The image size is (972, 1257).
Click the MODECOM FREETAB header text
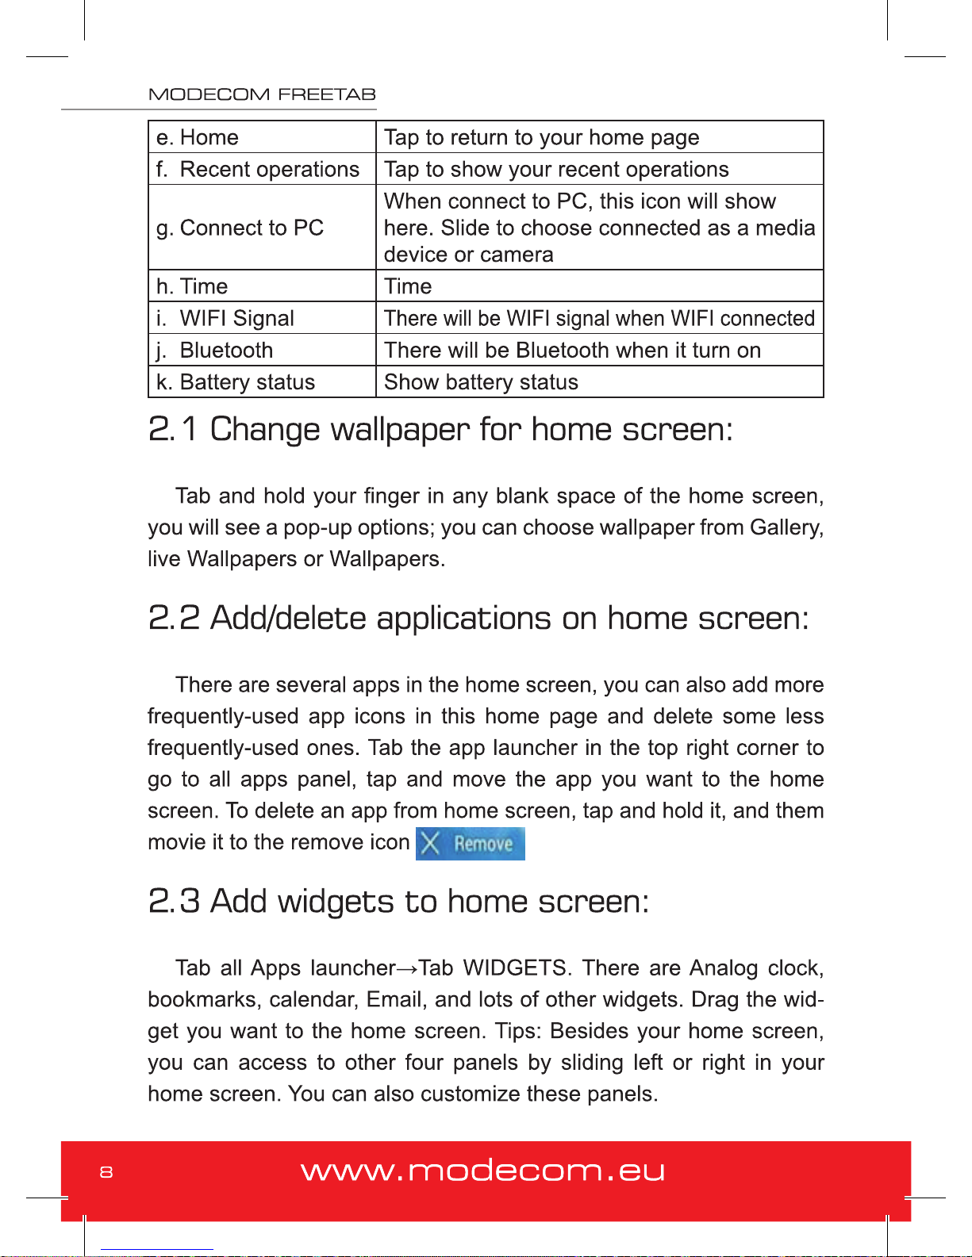click(262, 94)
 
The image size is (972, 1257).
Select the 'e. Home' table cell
click(198, 137)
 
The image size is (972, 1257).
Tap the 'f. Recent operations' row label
click(258, 169)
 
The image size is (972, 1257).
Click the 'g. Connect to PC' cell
click(240, 228)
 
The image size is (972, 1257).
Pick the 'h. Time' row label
click(192, 286)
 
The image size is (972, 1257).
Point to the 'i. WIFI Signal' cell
click(225, 318)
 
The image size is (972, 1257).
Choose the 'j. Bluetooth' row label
click(215, 350)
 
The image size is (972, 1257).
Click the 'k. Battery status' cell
click(236, 382)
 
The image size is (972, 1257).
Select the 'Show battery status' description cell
click(481, 382)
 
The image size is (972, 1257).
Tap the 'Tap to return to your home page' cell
click(541, 137)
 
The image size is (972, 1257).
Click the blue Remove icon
click(471, 844)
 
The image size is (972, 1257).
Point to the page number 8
click(106, 1172)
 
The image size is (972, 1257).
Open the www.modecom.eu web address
click(482, 1171)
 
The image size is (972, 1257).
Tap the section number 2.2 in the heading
click(174, 619)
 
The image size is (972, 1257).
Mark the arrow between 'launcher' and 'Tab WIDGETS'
click(407, 969)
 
